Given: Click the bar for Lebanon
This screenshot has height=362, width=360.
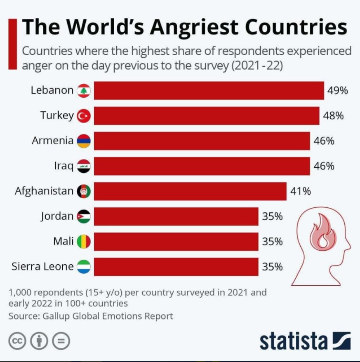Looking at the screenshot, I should point(209,91).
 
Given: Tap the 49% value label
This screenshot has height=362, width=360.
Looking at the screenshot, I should point(338,91).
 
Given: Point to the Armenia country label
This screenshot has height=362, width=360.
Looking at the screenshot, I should point(52,141).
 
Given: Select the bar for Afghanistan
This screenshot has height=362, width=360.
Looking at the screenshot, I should point(190,191).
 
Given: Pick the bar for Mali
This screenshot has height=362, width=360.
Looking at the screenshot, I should point(176,242).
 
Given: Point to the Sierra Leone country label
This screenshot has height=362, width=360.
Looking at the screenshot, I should point(42,267).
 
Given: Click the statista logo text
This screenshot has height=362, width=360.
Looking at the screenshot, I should point(293,341).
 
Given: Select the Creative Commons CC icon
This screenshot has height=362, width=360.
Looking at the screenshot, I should point(18,341).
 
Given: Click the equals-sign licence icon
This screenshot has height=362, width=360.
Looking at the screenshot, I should point(61,341).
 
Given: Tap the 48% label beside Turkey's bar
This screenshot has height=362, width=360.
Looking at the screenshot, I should point(333,116).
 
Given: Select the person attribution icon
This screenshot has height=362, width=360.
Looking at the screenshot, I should point(40,341).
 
